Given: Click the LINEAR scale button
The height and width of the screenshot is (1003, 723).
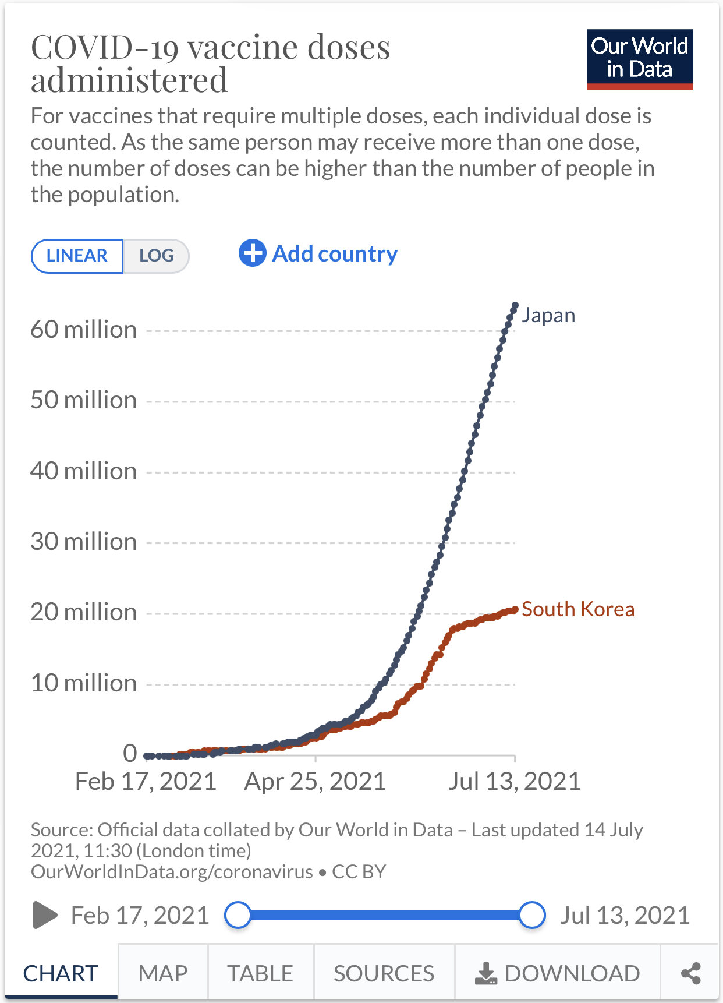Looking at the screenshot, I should point(77,256).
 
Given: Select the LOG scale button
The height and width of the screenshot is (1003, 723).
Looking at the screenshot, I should point(156,256).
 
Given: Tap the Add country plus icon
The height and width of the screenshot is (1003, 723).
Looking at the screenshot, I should point(252,253).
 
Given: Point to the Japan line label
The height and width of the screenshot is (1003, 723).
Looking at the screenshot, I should point(548,315).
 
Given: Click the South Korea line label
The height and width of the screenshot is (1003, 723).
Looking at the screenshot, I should point(577,609).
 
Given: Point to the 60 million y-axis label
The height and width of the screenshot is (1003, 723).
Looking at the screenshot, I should point(84,330).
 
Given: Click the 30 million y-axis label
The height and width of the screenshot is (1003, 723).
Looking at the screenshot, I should point(84,542).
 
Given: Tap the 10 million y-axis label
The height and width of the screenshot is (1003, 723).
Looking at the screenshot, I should point(84,683).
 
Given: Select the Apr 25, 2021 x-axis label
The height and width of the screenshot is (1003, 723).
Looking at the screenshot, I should point(315,781).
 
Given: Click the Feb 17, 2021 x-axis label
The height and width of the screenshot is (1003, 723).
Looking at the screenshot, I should point(146,781).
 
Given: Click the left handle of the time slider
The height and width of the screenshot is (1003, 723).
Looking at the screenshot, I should point(238,915).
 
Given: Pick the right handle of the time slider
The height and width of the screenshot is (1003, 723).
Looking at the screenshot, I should point(531,915).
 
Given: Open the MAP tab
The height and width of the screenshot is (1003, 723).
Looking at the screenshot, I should point(163,973).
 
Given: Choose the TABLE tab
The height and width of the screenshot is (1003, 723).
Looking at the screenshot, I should point(260,973).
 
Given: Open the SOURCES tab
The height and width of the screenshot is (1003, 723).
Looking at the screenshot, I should point(384,973).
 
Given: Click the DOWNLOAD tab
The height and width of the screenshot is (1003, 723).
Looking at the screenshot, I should point(558,973).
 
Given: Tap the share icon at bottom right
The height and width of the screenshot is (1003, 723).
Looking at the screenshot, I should point(690,973).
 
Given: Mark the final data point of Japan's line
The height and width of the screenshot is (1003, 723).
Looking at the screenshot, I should point(515,305).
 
